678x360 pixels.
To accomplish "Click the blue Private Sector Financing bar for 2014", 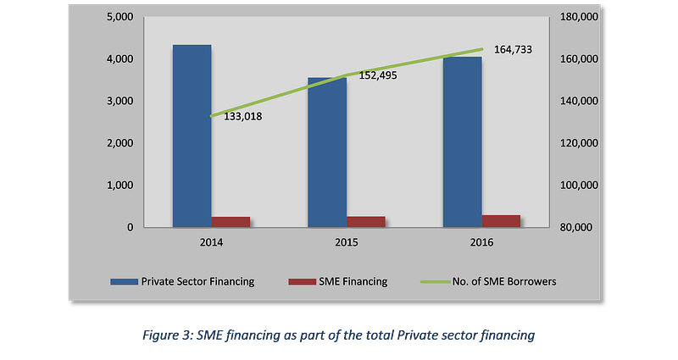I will pyautogui.click(x=192, y=136).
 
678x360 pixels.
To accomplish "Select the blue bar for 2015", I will pyautogui.click(x=326, y=152).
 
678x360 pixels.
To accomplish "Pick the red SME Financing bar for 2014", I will pyautogui.click(x=231, y=222).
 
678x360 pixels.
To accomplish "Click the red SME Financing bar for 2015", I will pyautogui.click(x=365, y=222).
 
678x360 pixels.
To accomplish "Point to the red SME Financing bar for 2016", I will pyautogui.click(x=501, y=221).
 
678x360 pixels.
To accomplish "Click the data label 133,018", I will pyautogui.click(x=242, y=116).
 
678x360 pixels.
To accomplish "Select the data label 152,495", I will pyautogui.click(x=378, y=75).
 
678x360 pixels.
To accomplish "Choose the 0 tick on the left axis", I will pyautogui.click(x=130, y=227).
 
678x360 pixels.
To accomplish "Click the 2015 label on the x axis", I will pyautogui.click(x=346, y=243).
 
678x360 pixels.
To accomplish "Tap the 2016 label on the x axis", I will pyautogui.click(x=481, y=243).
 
